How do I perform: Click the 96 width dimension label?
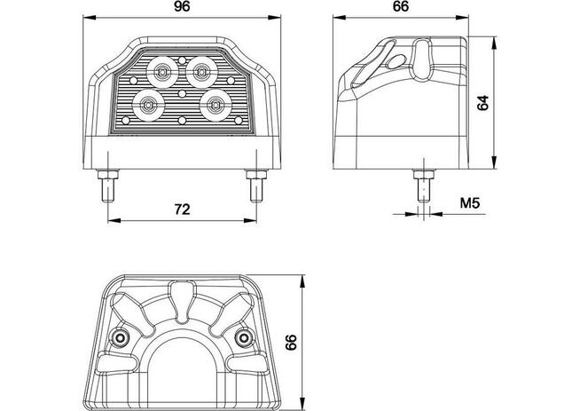click(x=183, y=7)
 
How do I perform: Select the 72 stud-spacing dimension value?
click(x=182, y=209)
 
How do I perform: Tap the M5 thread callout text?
click(x=470, y=205)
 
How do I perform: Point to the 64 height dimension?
click(x=483, y=102)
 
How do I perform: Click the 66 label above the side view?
click(x=399, y=7)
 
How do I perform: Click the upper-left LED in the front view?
click(x=162, y=67)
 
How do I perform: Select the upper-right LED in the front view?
click(x=203, y=67)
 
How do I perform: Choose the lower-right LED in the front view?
click(x=214, y=103)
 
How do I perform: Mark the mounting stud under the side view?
click(x=424, y=185)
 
